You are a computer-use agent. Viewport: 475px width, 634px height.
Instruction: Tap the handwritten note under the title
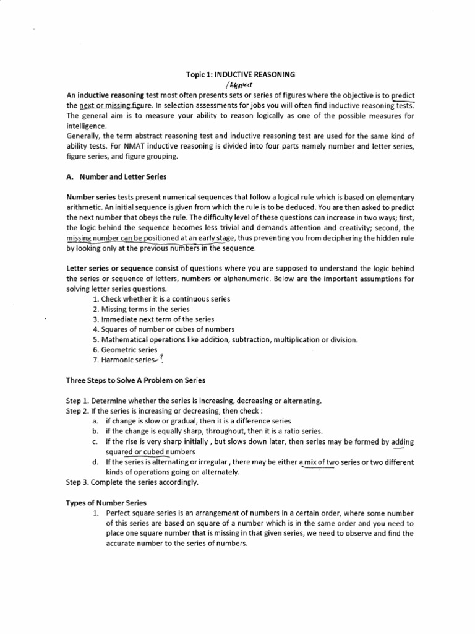point(241,85)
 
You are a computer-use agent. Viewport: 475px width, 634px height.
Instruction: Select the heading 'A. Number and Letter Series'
point(116,176)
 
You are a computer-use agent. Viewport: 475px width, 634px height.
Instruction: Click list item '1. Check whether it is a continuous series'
point(161,299)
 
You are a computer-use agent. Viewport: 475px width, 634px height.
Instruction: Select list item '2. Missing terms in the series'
point(141,309)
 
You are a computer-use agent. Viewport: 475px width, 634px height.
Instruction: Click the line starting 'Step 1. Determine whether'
point(194,401)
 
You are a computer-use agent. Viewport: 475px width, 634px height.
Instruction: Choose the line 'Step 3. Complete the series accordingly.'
point(132,482)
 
